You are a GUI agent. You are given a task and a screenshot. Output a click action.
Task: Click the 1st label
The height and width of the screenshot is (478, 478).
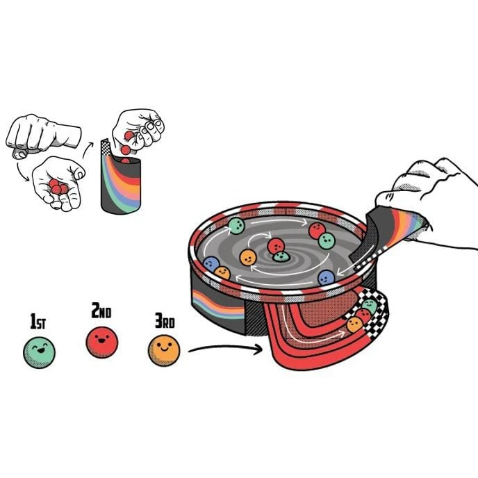[x=38, y=321]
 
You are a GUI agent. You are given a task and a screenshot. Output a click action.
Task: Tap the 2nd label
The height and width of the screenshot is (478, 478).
[x=101, y=311]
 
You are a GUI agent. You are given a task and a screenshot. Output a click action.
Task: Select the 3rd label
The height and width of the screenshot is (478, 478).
[x=165, y=321]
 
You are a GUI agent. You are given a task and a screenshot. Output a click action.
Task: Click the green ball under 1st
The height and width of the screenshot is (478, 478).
[x=40, y=353]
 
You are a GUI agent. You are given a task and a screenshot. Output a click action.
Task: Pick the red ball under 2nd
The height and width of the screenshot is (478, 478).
[x=102, y=343]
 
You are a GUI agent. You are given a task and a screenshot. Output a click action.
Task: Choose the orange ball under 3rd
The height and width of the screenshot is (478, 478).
[x=164, y=351]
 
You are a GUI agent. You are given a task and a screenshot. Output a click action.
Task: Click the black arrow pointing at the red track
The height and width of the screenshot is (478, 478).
[x=226, y=349]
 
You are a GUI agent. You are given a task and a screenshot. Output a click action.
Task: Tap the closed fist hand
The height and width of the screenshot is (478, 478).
[x=42, y=136]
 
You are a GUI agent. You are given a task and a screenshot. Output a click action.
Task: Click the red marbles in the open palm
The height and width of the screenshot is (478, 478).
[x=58, y=187]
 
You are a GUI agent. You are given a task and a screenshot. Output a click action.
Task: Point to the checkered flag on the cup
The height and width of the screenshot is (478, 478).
[x=106, y=148]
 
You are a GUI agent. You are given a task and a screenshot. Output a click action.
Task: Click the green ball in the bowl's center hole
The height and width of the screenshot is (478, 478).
[x=281, y=256]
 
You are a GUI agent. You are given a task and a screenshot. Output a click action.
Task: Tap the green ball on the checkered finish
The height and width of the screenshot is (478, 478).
[x=370, y=306]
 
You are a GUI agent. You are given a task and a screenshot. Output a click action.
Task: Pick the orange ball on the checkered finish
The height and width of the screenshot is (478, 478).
[x=354, y=324]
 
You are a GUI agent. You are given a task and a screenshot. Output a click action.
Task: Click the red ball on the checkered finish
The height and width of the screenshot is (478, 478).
[x=363, y=315]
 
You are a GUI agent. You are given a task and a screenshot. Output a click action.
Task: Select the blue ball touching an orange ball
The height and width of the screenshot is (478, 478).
[x=211, y=264]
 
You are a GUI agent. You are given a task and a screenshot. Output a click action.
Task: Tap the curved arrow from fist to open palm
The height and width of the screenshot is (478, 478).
[x=22, y=173]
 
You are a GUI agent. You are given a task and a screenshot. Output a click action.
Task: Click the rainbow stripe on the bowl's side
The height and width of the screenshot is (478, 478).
[x=218, y=305]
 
